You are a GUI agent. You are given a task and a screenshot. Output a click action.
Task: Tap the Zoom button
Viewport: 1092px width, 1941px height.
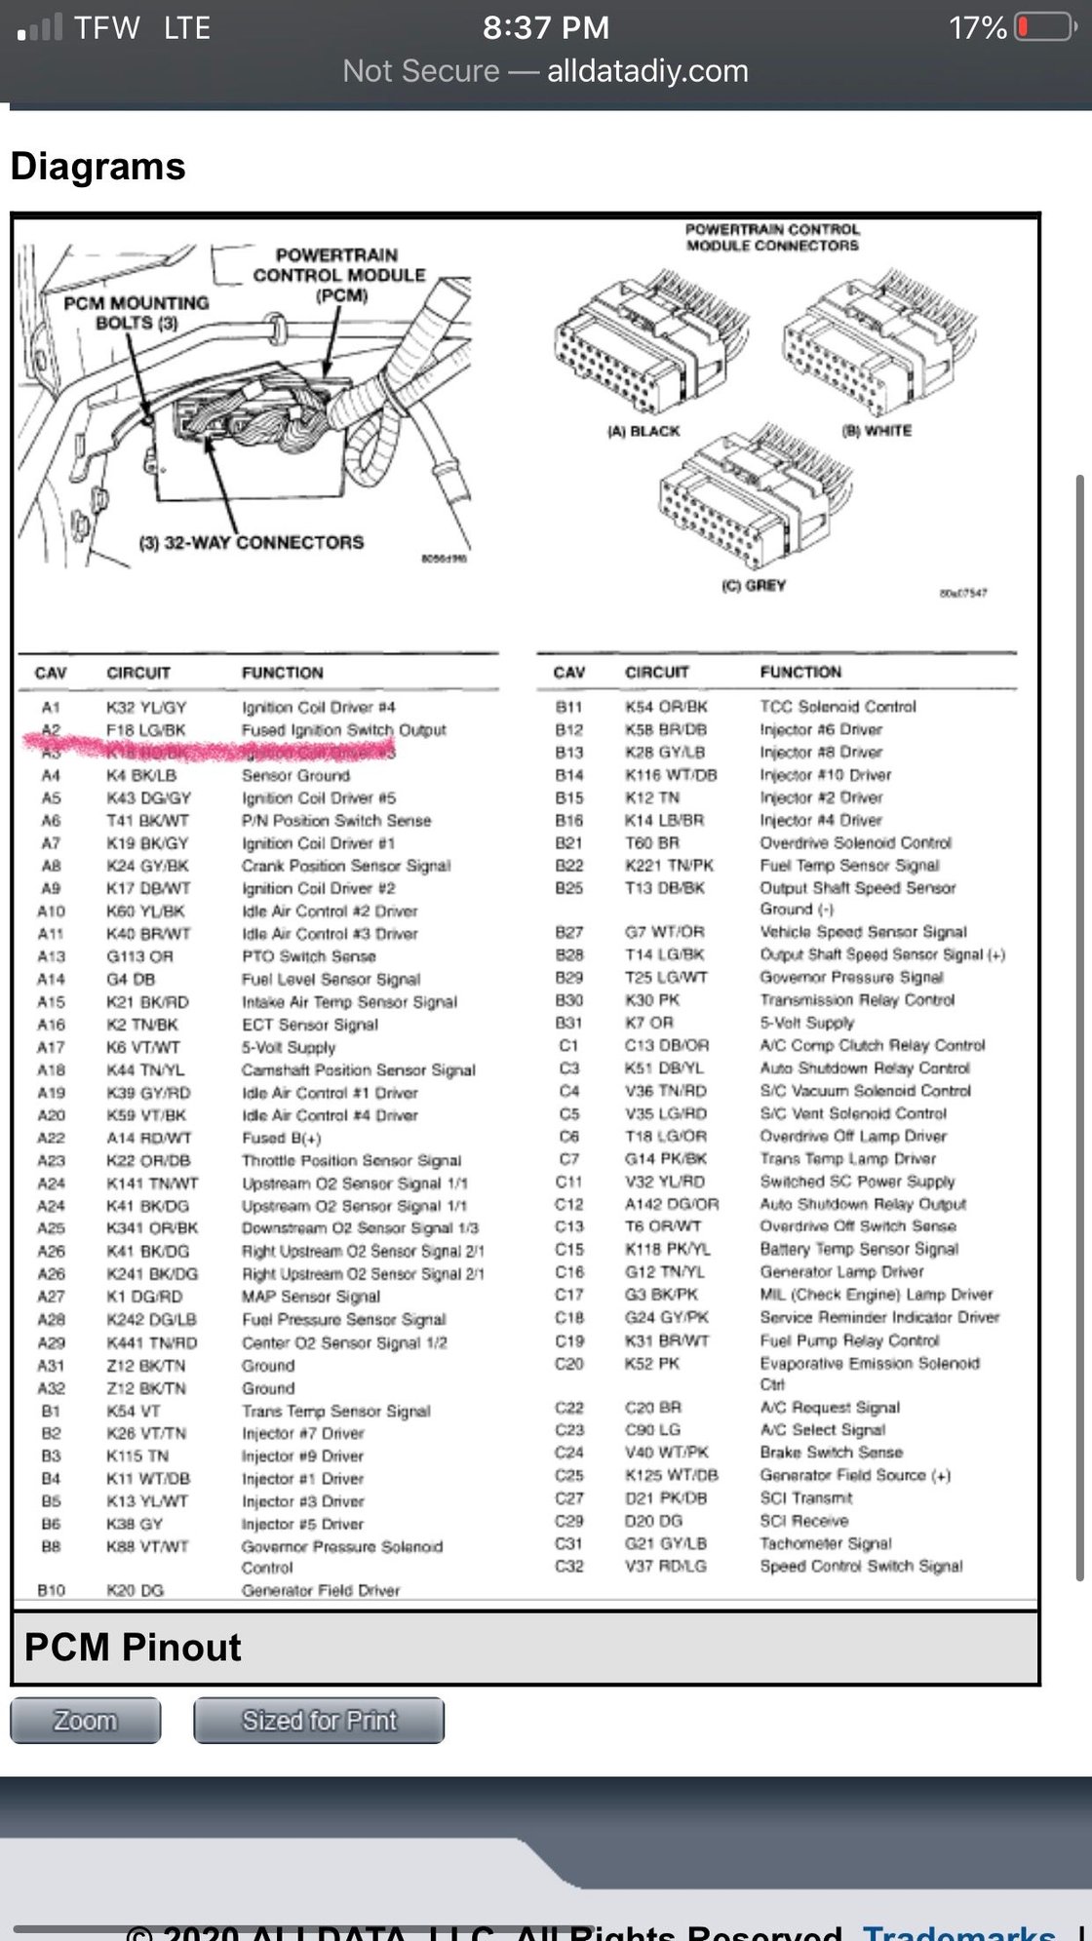(x=85, y=1721)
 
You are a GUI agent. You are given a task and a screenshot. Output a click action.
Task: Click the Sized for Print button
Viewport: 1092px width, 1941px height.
(x=319, y=1721)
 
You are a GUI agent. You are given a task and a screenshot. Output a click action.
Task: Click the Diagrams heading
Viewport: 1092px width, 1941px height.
(x=98, y=166)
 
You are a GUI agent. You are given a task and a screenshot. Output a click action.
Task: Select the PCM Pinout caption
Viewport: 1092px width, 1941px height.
(x=133, y=1647)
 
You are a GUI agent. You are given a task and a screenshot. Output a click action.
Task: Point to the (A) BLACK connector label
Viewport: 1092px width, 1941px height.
(x=643, y=431)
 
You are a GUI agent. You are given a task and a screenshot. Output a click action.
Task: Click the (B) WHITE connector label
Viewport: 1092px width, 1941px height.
(x=877, y=431)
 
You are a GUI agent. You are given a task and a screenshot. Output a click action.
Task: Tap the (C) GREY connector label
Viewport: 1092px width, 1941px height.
(x=753, y=585)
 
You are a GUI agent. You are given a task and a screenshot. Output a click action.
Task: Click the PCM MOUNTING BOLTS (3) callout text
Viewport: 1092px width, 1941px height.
(x=136, y=312)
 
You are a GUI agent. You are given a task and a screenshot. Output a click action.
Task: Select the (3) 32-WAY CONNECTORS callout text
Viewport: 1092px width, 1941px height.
(x=252, y=542)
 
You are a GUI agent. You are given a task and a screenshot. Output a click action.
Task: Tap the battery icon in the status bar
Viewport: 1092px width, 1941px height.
(x=1045, y=27)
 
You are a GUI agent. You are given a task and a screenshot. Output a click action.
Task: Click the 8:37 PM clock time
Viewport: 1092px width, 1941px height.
(x=546, y=27)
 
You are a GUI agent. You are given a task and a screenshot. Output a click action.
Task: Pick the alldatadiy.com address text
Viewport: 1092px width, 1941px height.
(x=647, y=71)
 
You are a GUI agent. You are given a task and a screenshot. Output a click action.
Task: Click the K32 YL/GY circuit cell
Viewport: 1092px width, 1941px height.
(x=146, y=707)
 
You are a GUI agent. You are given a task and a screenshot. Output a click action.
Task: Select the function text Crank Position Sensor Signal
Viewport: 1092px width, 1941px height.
(x=346, y=866)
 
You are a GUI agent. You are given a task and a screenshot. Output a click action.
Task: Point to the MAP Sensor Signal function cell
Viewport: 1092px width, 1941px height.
(x=311, y=1297)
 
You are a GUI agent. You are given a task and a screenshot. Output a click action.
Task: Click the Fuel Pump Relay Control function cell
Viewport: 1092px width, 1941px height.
(x=849, y=1340)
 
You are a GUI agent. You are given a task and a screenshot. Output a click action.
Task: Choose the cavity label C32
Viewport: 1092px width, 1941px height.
(x=569, y=1566)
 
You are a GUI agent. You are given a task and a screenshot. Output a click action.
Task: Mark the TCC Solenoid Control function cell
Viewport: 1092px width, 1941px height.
(x=838, y=706)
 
